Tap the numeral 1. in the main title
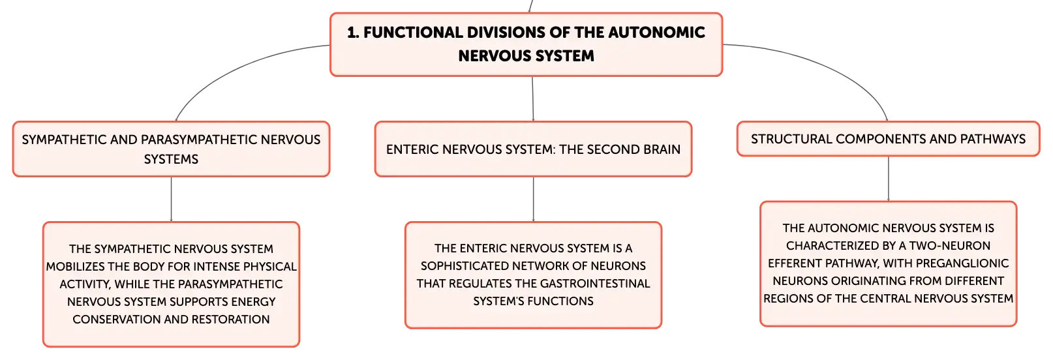click(353, 33)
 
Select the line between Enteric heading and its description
click(533, 200)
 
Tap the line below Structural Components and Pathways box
click(889, 179)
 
